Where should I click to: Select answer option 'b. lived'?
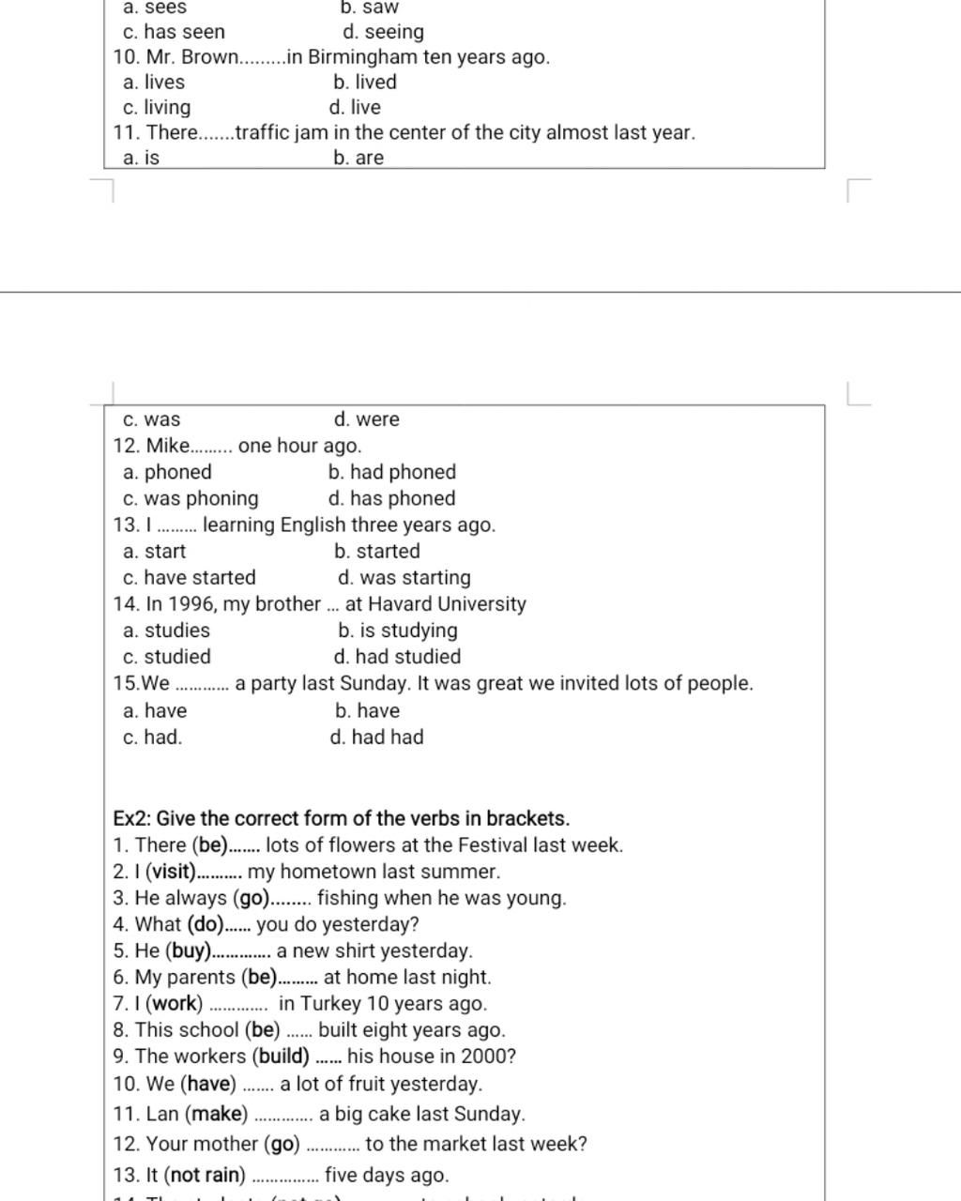(x=365, y=83)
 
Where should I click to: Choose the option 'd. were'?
(x=366, y=419)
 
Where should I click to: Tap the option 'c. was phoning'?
(x=191, y=498)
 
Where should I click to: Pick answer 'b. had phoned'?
(x=392, y=472)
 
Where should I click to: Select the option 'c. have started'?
(x=189, y=577)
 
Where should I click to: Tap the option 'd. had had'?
(x=376, y=737)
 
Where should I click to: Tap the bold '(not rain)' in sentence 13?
(x=205, y=1175)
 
